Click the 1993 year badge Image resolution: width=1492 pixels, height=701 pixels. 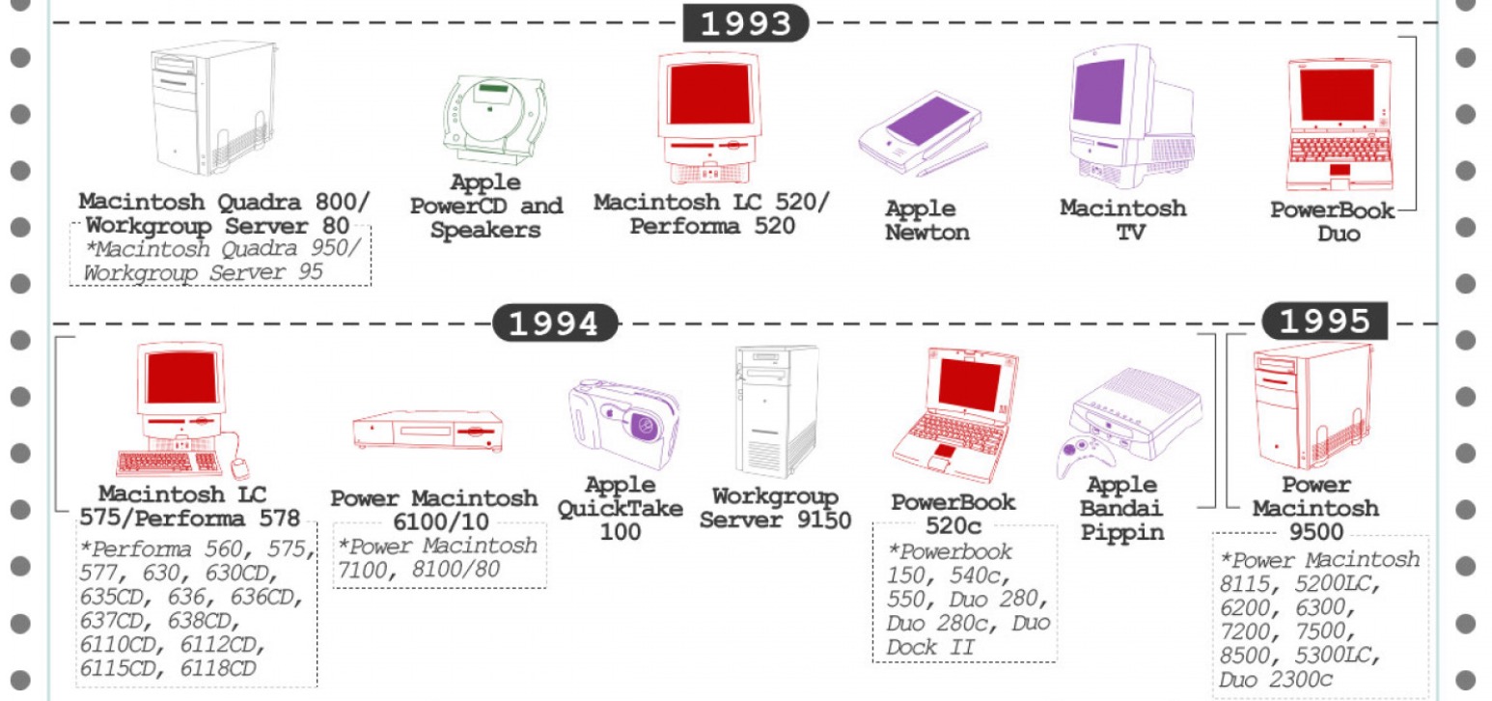coord(745,22)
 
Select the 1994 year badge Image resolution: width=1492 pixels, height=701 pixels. coord(555,323)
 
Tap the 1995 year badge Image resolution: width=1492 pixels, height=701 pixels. coord(1324,321)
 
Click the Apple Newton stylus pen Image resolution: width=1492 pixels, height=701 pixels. coord(953,160)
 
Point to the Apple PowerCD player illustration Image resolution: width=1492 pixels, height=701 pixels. coord(494,120)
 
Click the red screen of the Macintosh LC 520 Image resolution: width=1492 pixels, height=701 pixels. coord(709,94)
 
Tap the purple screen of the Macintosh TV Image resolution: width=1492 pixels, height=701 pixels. coord(1099,92)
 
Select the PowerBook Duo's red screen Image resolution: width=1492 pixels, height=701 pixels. coord(1338,95)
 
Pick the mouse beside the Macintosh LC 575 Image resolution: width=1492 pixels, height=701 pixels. coord(239,467)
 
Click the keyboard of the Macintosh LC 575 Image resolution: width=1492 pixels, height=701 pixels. coord(169,463)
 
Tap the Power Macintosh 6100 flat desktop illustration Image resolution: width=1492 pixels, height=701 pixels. coord(428,431)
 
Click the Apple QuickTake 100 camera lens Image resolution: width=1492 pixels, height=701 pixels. coord(644,425)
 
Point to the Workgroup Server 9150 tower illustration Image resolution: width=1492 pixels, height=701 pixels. coord(777,411)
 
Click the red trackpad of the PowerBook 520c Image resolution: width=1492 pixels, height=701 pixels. coord(943,452)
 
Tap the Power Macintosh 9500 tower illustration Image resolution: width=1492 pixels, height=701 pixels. coord(1312,406)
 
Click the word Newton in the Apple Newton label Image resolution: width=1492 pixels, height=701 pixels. coord(927,233)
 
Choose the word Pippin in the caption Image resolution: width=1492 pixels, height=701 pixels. coord(1122,533)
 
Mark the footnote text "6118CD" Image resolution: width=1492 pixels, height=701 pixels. coord(218,668)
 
